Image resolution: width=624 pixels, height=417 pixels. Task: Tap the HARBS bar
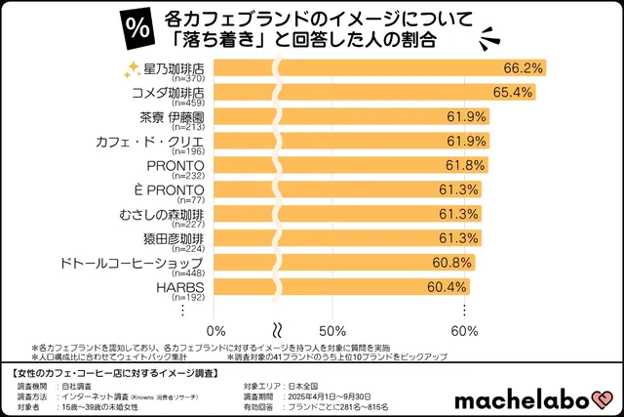pyautogui.click(x=340, y=287)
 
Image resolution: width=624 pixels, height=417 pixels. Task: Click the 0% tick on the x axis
pyautogui.click(x=217, y=329)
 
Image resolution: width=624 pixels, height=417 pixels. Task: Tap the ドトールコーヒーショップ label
pyautogui.click(x=144, y=263)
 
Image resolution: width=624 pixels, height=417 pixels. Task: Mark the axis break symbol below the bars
pyautogui.click(x=277, y=328)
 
